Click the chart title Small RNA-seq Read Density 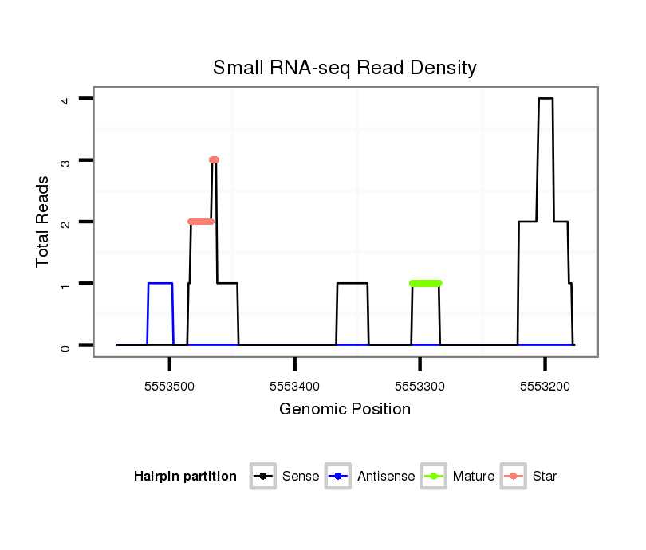click(345, 68)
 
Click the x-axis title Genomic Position click(345, 410)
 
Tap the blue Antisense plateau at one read click(160, 283)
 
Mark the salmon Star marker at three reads click(214, 160)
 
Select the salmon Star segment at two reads click(201, 222)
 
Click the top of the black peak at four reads click(546, 99)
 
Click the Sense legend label click(301, 477)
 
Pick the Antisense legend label click(387, 477)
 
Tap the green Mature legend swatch click(435, 477)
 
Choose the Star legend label click(545, 477)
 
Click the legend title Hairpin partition click(185, 477)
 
